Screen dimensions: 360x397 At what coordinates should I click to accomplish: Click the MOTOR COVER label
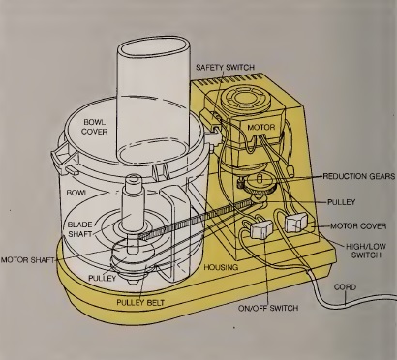(359, 226)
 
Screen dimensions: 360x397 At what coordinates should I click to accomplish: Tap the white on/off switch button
(259, 231)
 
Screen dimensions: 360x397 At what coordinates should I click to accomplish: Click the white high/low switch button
(294, 224)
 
